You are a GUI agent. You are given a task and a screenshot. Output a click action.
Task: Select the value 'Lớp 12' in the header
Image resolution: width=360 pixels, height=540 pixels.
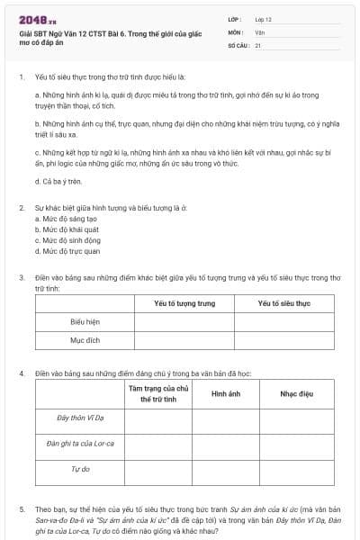pos(264,19)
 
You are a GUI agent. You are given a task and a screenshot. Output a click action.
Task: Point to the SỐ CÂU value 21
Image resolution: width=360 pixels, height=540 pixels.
pos(258,44)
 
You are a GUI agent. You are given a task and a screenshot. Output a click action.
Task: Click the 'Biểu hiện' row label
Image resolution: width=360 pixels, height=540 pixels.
pos(85,321)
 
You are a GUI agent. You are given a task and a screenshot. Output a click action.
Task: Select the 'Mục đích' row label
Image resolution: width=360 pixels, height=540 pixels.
pos(85,341)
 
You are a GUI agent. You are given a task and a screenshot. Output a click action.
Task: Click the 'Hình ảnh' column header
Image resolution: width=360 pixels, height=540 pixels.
pos(225,394)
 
